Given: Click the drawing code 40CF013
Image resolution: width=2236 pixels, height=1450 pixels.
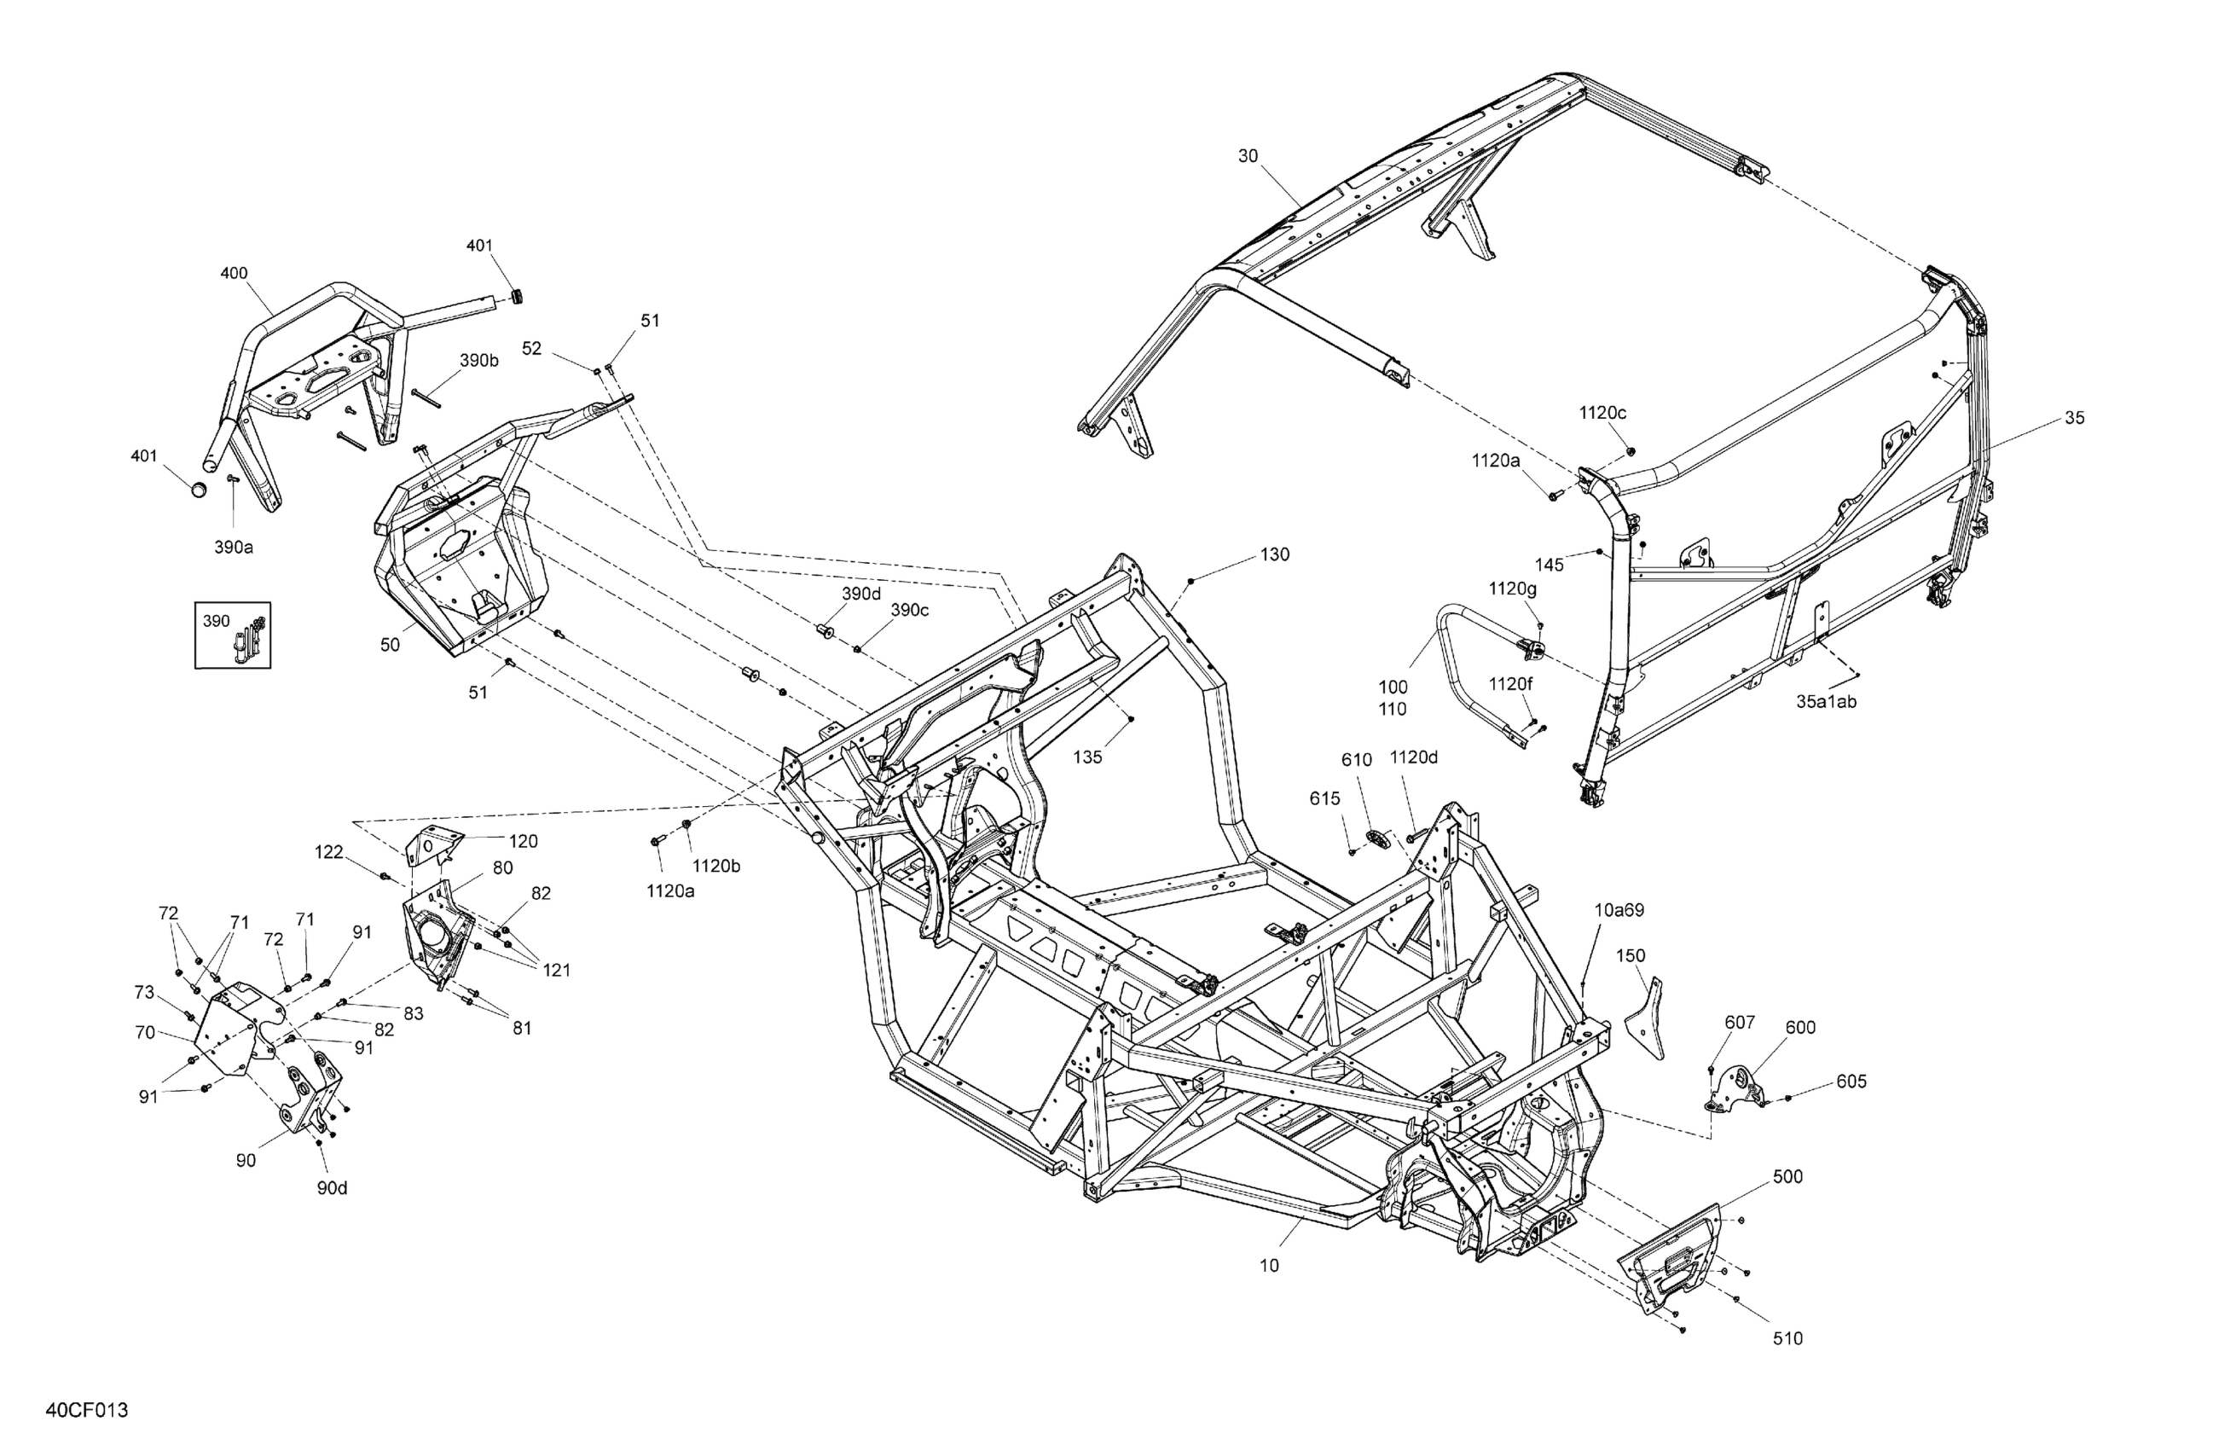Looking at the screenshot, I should (86, 1411).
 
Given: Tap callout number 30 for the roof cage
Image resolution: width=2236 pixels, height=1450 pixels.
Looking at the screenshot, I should (1248, 156).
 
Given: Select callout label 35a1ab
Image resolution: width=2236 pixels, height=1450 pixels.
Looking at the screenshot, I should (1827, 701).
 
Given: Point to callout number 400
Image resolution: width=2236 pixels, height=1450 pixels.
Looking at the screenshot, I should (234, 274).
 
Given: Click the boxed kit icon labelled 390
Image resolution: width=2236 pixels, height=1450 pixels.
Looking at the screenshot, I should (233, 635).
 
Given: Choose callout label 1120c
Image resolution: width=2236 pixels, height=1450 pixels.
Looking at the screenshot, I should (1602, 413).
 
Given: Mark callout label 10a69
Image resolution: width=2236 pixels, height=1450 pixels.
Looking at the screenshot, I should (1619, 909).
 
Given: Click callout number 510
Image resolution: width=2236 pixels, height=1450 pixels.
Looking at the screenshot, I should (1787, 1338).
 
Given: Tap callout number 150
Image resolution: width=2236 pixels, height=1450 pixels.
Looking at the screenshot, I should (1631, 955).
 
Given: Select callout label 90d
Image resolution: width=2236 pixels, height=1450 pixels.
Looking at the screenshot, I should (332, 1188).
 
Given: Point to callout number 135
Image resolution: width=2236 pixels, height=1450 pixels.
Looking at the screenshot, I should (1087, 757).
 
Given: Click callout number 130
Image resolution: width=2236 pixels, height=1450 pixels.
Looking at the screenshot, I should (1275, 554).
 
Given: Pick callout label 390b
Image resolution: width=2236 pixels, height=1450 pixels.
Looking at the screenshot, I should (479, 361).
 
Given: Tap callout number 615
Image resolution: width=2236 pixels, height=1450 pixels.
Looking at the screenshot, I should (1324, 798).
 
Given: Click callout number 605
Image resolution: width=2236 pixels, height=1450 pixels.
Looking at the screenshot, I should (1851, 1082).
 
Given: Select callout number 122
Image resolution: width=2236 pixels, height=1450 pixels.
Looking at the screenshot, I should (329, 852).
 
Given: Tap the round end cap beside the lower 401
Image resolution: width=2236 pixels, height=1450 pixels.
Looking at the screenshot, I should (198, 490).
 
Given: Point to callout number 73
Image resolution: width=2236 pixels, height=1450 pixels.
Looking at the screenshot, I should (144, 992).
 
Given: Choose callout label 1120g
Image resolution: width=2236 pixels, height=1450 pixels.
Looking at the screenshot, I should (1513, 589).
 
